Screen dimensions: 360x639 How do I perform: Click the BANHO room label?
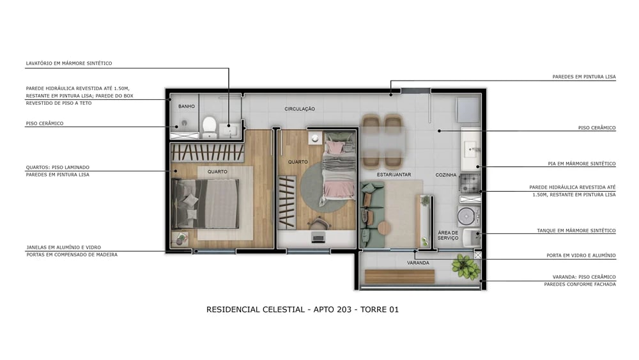[x=187, y=106]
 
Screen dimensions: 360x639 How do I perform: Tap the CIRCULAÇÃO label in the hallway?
[x=300, y=109]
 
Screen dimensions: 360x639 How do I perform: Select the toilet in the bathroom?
[x=209, y=124]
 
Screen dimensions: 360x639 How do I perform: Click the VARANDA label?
[x=418, y=263]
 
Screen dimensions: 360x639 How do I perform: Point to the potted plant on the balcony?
[x=465, y=267]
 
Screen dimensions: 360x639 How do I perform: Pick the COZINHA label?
[x=446, y=175]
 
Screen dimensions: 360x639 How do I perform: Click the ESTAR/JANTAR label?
[x=394, y=175]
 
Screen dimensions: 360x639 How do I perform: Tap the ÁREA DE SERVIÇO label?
[x=448, y=235]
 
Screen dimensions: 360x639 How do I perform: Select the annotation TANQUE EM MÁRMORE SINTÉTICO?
[x=576, y=231]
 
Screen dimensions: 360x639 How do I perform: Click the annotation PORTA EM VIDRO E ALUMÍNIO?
[x=581, y=256]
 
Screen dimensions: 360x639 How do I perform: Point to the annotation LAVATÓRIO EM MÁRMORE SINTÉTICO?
[x=69, y=64]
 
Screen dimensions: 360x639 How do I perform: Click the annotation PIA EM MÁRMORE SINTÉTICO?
[x=581, y=164]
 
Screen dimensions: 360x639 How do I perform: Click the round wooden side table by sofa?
[x=384, y=228]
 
